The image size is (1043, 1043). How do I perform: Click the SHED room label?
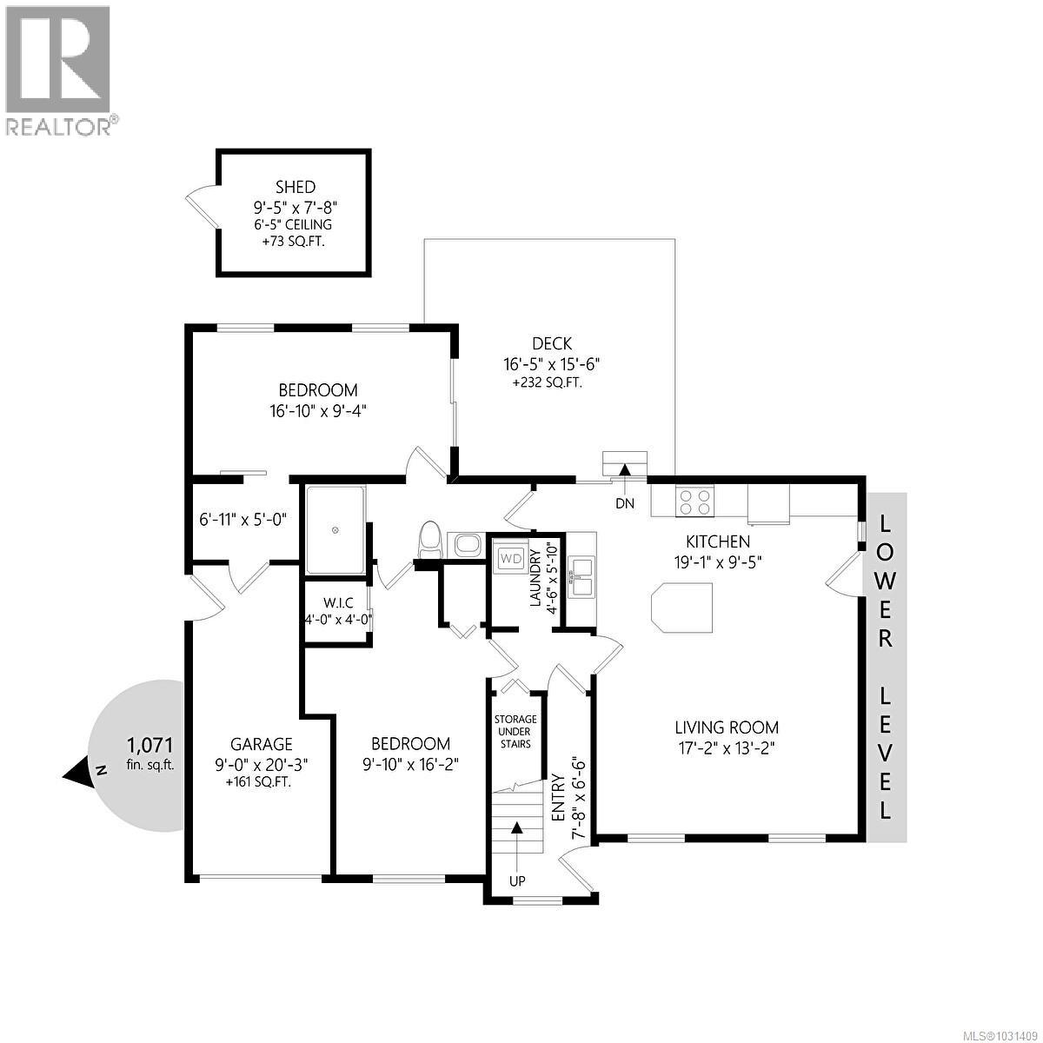[295, 187]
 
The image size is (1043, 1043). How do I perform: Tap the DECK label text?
[551, 345]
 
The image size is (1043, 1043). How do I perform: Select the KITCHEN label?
[717, 541]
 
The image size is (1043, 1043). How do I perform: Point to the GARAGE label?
[261, 744]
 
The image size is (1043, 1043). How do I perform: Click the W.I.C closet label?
[337, 602]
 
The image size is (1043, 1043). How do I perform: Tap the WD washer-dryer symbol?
[510, 557]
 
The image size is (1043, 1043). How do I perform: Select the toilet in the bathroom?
[429, 540]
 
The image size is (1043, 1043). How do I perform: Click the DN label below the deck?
[624, 502]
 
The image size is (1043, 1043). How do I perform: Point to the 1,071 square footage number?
[150, 745]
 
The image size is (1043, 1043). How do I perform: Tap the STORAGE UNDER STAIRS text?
[515, 732]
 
